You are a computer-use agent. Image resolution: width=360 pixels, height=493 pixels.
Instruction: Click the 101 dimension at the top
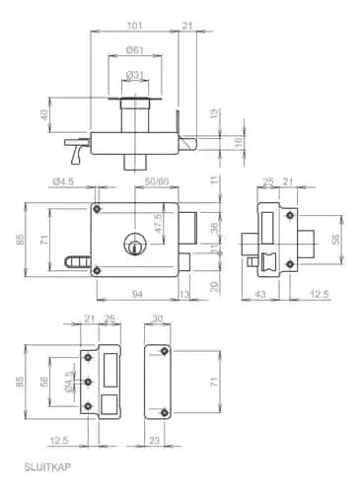coord(134,25)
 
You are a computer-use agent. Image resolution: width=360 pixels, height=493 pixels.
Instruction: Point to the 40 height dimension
coord(45,117)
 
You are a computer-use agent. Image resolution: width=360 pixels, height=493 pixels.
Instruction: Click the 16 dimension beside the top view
coord(240,142)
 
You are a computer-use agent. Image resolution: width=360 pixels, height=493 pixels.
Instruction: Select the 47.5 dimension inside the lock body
coord(158,218)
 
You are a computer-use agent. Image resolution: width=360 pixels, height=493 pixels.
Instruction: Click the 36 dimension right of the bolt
coord(215,228)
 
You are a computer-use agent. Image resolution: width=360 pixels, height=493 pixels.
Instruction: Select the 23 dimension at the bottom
coord(154,440)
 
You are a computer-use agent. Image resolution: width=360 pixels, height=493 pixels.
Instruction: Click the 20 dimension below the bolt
coord(215,286)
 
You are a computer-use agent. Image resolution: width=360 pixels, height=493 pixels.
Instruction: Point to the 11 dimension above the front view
coord(215,180)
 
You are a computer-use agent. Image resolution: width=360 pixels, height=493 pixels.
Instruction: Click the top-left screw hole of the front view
coord(97,209)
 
